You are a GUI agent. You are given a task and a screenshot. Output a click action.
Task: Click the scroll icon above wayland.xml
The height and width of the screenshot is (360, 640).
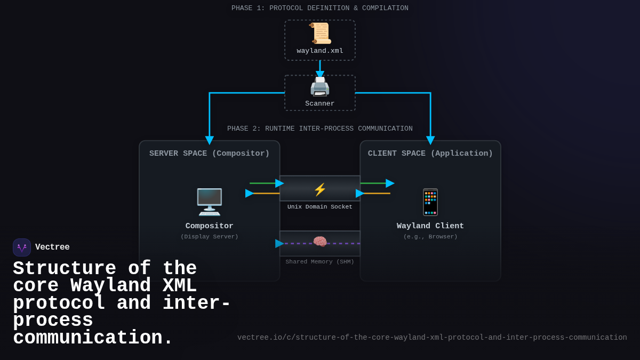pos(320,34)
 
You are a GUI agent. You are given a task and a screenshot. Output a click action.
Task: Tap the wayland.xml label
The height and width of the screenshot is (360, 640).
pos(320,51)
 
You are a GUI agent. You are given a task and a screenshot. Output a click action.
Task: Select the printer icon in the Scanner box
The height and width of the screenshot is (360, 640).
pos(320,86)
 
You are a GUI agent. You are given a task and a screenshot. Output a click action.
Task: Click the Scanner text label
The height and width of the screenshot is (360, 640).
pos(320,104)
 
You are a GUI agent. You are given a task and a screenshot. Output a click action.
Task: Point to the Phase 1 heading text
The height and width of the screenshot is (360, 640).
pos(320,9)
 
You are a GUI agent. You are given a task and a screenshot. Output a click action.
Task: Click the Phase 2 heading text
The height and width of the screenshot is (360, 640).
pos(320,129)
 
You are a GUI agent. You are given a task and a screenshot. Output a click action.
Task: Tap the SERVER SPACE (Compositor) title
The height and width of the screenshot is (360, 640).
pos(210,154)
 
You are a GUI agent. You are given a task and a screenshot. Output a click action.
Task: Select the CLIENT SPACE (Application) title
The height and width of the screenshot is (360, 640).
pos(430,154)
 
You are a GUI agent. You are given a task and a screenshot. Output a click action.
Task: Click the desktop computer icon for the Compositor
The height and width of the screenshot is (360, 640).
pos(210,202)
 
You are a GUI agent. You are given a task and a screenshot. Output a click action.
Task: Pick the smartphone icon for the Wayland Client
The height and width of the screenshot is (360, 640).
pos(430,202)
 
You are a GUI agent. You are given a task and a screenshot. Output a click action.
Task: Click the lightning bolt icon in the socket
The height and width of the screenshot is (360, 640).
pos(320,189)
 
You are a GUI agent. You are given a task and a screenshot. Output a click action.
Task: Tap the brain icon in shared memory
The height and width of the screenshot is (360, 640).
pos(320,242)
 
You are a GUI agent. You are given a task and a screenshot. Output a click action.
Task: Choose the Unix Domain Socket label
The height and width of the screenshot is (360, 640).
pos(320,207)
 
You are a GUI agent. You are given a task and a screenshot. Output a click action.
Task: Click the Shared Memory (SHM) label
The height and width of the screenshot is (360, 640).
pos(320,262)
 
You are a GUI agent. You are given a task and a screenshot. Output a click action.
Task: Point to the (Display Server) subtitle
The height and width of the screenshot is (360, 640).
pos(210,237)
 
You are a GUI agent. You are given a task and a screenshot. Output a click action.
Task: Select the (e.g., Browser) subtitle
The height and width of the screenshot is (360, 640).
pos(430,237)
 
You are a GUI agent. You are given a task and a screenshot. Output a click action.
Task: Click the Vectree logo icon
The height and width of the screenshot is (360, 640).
pos(22,247)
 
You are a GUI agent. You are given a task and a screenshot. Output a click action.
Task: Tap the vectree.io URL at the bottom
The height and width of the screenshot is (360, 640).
pos(432,338)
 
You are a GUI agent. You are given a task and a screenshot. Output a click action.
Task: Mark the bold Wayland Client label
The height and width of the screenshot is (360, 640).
pos(430,226)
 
